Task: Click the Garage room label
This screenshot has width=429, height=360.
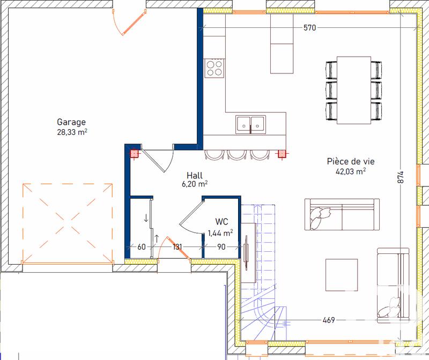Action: coord(71,122)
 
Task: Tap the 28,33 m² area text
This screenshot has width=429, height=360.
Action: coord(72,132)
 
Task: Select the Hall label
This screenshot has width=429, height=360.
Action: coord(195,175)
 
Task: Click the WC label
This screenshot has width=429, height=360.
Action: coord(221,221)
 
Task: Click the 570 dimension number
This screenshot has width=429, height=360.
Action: coord(310,28)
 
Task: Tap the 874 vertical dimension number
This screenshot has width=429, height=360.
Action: coord(400,178)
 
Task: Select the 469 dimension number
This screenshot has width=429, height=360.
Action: coord(328,320)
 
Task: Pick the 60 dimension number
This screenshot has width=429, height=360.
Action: coord(142,247)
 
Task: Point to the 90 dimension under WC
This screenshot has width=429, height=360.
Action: coord(221,247)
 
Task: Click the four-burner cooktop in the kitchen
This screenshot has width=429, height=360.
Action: coord(214,67)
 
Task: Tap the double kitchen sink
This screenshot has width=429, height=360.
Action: coord(250,124)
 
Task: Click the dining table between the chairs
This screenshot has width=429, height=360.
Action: coord(354,89)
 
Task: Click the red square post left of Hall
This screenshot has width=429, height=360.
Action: coord(134,154)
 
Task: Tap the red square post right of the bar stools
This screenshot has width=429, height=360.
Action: coord(282,154)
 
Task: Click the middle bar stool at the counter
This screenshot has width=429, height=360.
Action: coord(237,154)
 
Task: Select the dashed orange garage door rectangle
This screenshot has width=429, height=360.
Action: coord(68,223)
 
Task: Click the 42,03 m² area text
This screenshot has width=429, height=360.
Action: coord(350,171)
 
